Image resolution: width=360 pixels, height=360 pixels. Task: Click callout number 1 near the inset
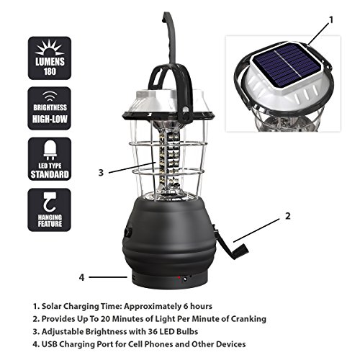[331, 22]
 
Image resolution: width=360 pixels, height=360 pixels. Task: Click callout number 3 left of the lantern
[102, 172]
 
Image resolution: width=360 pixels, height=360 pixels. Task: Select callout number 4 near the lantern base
[81, 276]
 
